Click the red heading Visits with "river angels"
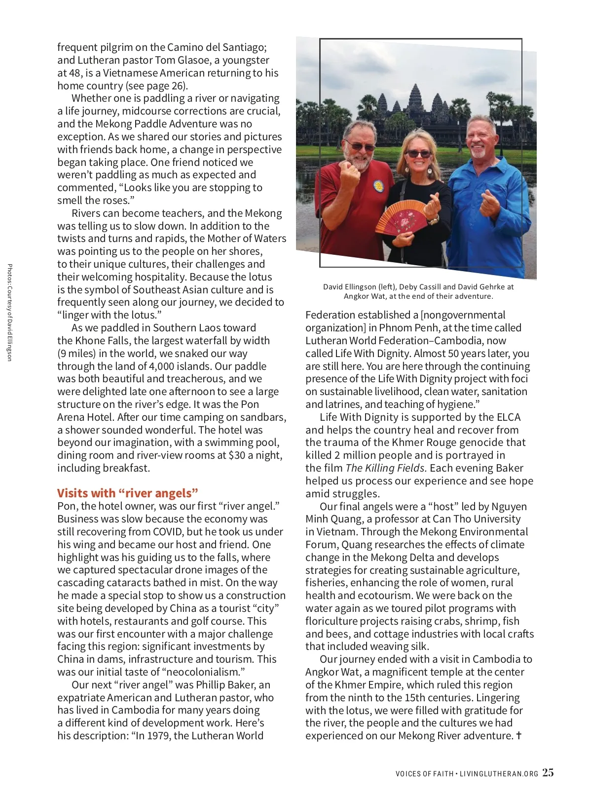pos(128,493)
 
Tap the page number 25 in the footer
pos(548,773)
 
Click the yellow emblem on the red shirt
pos(379,186)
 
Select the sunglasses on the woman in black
pos(418,154)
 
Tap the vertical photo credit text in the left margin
pos(9,313)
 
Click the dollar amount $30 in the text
pos(237,455)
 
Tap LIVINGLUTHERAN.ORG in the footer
pos(499,774)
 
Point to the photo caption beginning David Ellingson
pos(418,291)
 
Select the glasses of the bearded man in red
pos(361,146)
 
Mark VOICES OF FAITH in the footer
pos(424,774)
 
